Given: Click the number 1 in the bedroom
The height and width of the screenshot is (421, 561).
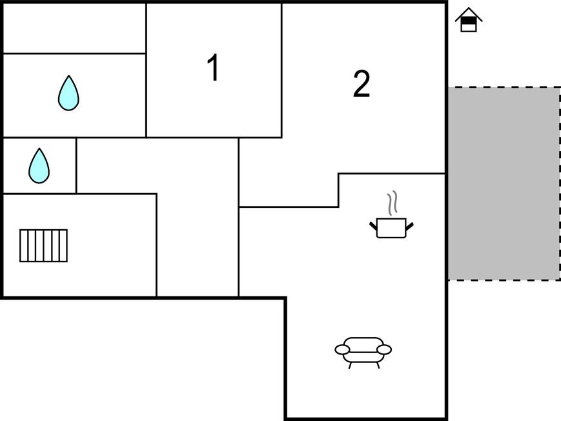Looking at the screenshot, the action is (213, 67).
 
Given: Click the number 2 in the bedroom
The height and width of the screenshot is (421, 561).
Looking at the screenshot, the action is (362, 84).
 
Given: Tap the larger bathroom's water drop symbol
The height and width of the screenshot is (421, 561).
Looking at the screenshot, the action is (68, 93).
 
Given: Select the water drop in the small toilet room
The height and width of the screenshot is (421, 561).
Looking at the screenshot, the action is (39, 166).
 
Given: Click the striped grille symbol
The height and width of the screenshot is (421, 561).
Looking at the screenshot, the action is (43, 245).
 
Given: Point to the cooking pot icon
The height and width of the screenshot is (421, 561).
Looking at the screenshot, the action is (391, 228).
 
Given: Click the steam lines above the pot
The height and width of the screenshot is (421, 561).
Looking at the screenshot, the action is (393, 203).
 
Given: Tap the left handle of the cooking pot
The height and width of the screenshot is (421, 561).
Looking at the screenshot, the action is (373, 226).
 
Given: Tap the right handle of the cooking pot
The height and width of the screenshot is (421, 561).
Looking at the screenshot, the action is (410, 226).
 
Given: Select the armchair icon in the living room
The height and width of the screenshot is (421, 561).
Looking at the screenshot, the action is (363, 353).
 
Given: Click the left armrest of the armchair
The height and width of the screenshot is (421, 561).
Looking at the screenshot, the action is (342, 349).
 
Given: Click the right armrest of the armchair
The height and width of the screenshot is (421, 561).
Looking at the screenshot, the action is (384, 349).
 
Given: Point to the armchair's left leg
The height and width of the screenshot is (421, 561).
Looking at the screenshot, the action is (351, 365).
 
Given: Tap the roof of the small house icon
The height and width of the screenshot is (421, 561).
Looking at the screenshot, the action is (469, 14).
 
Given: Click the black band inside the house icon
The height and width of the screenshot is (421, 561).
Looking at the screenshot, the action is (469, 21).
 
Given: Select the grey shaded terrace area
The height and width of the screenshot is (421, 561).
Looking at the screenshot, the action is (504, 183).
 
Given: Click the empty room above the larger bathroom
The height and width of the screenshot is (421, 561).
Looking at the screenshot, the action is (74, 28).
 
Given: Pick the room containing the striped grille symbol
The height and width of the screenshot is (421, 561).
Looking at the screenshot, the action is (80, 245).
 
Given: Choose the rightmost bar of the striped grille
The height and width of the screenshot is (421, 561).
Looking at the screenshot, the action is (63, 245).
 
